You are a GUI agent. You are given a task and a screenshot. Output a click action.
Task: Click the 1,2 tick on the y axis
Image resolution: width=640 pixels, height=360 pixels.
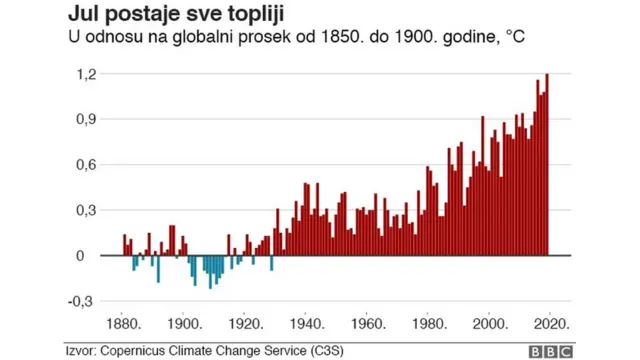point(86,74)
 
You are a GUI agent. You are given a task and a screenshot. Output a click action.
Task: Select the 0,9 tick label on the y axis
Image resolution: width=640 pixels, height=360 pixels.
point(86,119)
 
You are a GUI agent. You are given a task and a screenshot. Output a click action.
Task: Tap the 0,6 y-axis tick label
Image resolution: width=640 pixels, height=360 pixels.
point(86,164)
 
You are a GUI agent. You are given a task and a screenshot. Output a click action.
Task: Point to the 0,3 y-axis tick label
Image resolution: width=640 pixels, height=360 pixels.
point(86,210)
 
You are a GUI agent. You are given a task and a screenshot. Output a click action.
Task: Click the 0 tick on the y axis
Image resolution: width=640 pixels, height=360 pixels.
point(92,255)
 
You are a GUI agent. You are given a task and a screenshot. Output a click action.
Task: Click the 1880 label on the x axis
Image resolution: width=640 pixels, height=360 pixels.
point(123,323)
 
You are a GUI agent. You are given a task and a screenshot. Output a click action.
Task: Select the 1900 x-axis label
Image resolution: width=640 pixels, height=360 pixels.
point(184,323)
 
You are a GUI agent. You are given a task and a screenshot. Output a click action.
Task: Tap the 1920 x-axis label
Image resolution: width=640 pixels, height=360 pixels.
point(246,323)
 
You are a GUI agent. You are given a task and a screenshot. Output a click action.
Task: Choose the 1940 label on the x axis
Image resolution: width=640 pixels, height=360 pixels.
point(308,323)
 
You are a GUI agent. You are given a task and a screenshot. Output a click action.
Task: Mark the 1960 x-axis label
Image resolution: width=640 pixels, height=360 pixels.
point(369,323)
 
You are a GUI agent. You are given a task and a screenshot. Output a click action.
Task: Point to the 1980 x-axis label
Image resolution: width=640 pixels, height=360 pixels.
point(431,323)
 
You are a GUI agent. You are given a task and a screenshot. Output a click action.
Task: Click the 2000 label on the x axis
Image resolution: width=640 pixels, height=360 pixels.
point(493,323)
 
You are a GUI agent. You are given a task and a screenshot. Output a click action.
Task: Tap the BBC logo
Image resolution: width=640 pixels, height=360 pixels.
point(551,350)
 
